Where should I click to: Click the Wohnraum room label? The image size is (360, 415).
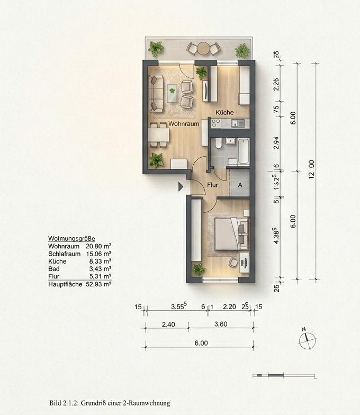(184, 124)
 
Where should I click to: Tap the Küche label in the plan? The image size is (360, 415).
(224, 113)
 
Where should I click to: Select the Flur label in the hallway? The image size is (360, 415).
(213, 185)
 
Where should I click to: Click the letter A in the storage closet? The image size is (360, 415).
(240, 185)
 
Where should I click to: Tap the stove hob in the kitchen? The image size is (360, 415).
(215, 123)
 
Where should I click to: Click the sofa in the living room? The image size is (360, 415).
(155, 93)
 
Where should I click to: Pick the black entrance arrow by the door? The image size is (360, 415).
(181, 186)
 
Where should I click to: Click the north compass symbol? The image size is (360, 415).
(307, 339)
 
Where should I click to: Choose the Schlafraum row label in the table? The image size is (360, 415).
(64, 254)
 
